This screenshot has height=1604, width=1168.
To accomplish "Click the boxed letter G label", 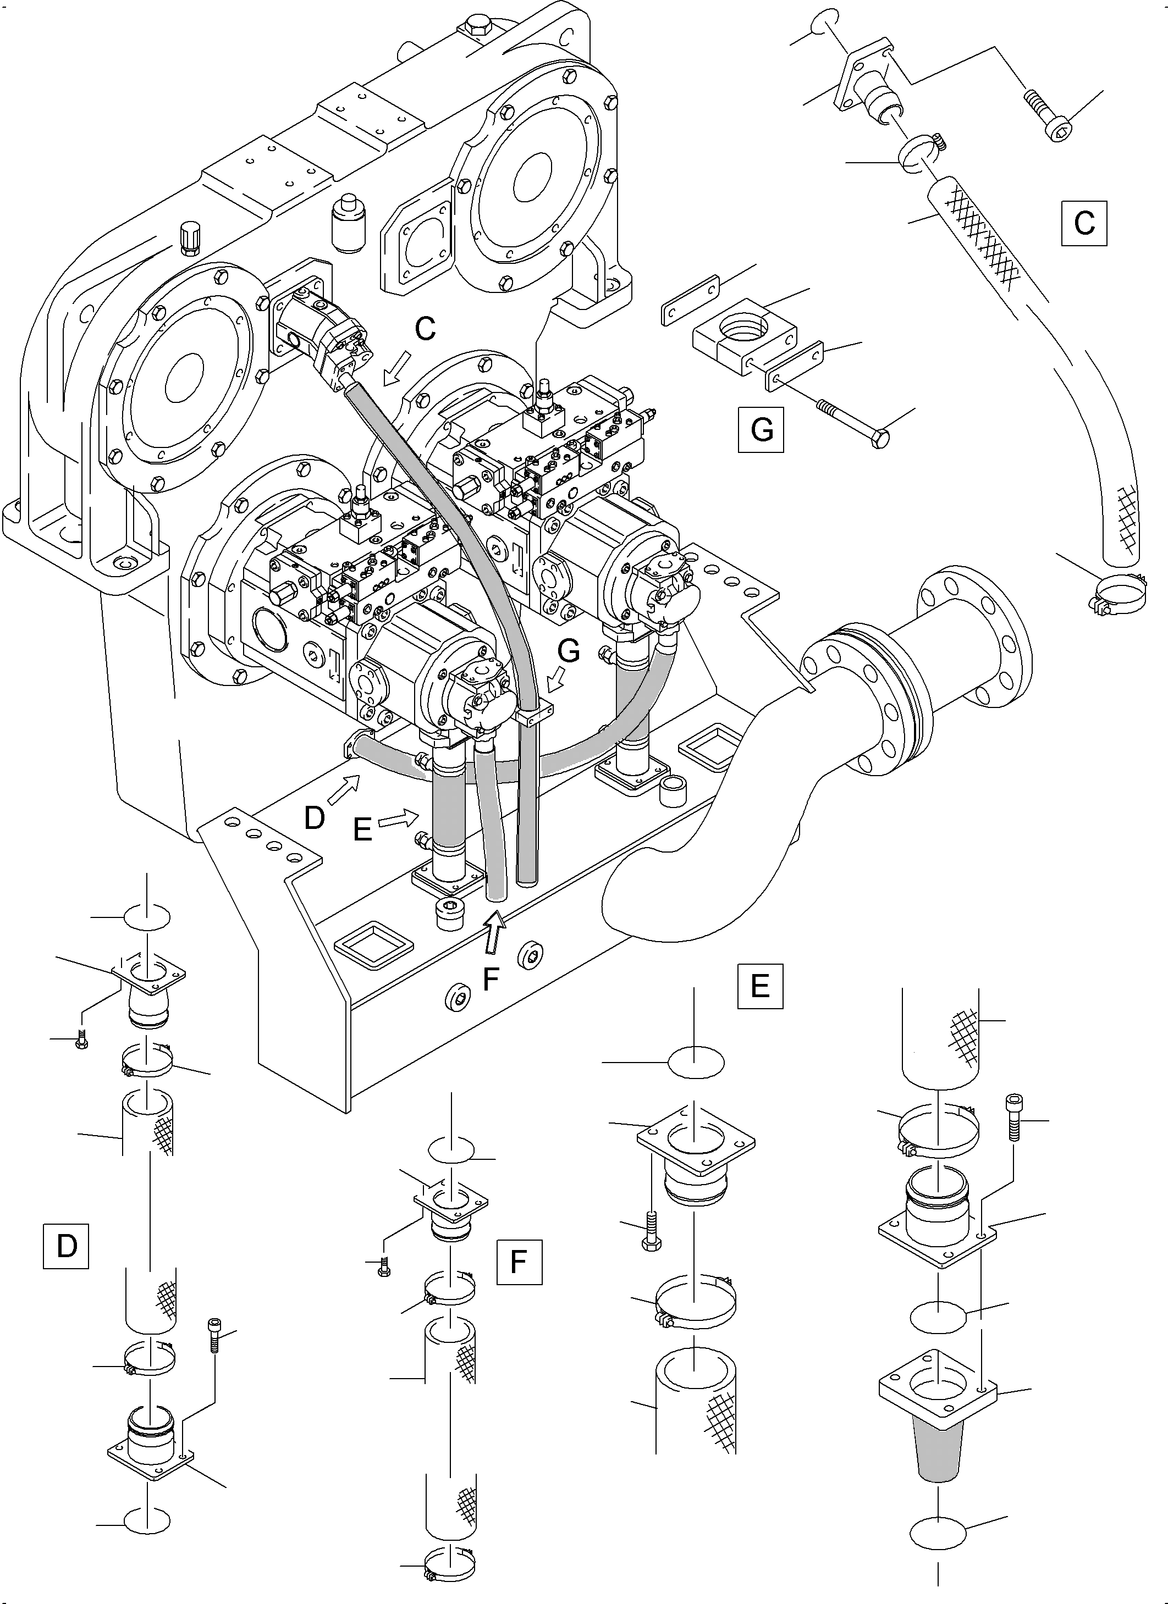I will (761, 429).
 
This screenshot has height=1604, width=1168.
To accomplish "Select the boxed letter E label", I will (760, 985).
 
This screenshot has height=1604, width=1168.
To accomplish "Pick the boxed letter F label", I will (519, 1262).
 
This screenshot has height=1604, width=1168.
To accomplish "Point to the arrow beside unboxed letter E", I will (398, 820).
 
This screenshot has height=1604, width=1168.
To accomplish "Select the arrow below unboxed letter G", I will (556, 681).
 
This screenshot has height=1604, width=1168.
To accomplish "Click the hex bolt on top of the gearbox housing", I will (473, 30).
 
